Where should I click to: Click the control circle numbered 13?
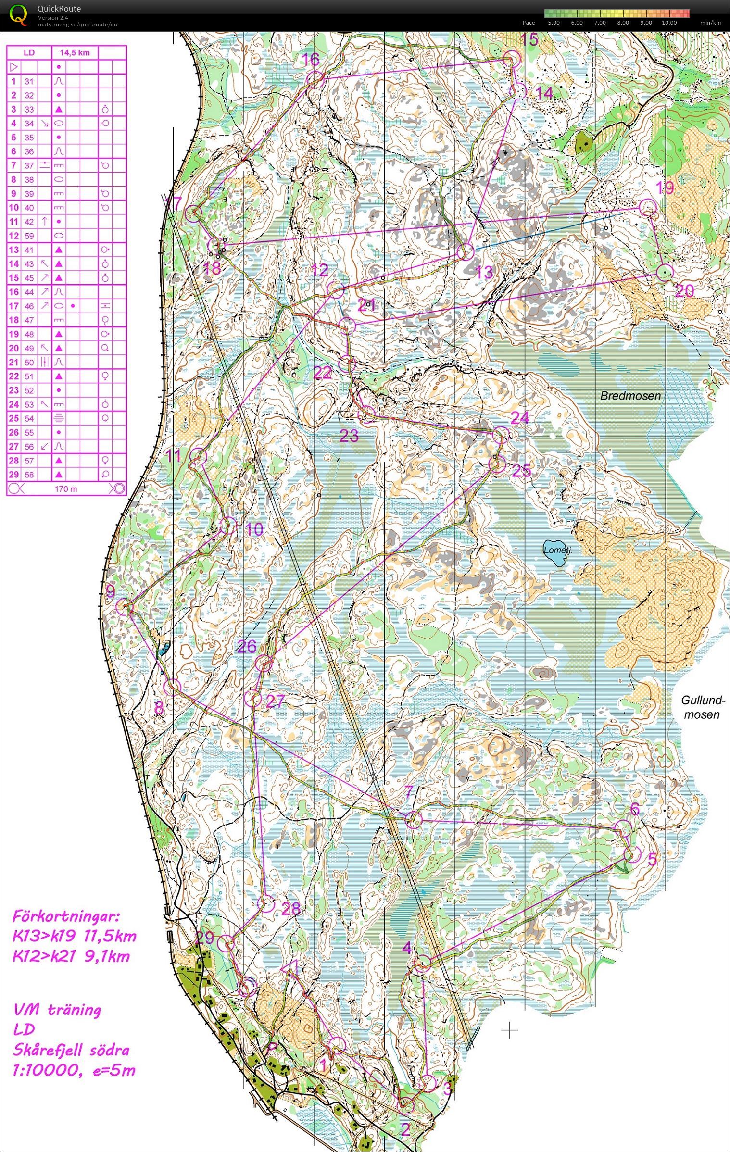coord(466,251)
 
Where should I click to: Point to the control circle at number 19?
coord(648,207)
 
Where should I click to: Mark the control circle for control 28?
coord(264,904)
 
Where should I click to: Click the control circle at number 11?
coord(198,456)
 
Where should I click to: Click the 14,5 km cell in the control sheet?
coord(75,52)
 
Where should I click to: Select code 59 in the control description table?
coord(29,236)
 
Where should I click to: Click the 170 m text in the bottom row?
coord(66,489)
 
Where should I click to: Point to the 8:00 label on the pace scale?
coord(623,23)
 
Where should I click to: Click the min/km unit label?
coord(710,23)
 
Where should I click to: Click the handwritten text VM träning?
coord(57,1010)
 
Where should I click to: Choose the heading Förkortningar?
coord(64,914)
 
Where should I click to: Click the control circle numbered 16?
coord(315,78)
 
